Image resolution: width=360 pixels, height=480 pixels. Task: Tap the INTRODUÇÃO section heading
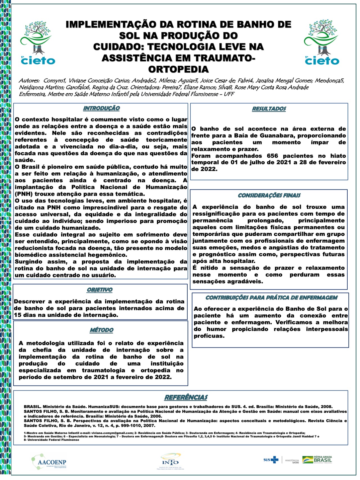pos(102,108)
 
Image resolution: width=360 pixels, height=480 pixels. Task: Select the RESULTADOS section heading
pos(269,109)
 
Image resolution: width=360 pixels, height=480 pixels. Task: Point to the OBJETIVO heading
pos(100,290)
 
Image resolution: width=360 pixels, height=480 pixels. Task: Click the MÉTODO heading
pos(102,330)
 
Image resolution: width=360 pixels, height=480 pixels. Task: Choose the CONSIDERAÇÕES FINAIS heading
pos(269,195)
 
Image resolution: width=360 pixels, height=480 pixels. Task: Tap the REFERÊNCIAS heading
pos(186,397)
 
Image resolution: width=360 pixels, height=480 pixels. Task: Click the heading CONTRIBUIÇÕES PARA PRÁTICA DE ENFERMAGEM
pos(271,298)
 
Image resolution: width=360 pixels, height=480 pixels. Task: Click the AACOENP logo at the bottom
pos(49,462)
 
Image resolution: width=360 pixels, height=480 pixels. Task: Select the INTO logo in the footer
pos(170,461)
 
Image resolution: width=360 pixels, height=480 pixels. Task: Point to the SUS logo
pos(271,460)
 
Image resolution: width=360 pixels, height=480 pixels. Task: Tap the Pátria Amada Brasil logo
pos(317,460)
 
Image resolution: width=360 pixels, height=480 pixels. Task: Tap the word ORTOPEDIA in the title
pos(178,69)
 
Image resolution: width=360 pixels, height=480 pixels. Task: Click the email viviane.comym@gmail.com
pos(111,433)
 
